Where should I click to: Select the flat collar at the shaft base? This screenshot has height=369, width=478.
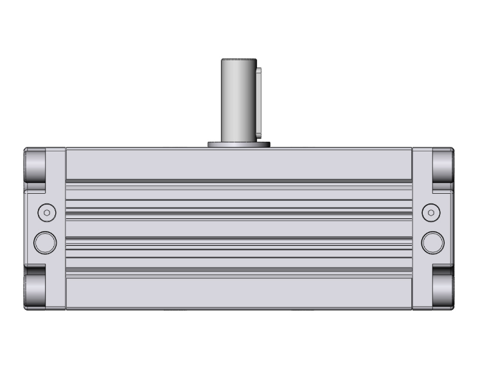[x=239, y=144]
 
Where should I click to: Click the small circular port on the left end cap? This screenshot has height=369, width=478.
[x=45, y=212]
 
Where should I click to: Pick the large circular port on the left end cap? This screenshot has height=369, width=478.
[x=45, y=242]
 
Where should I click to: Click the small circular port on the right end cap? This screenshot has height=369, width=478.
[x=432, y=212]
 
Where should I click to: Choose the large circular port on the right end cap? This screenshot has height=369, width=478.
[x=432, y=242]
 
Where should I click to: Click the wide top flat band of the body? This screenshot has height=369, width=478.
[x=238, y=164]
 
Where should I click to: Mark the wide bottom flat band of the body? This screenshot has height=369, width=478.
[x=238, y=295]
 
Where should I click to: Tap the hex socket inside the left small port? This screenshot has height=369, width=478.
[x=45, y=212]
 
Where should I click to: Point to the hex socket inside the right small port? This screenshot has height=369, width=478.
[x=432, y=212]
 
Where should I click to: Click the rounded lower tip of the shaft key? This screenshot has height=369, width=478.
[x=259, y=133]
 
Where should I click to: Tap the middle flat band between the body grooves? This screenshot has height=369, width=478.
[x=238, y=228]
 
